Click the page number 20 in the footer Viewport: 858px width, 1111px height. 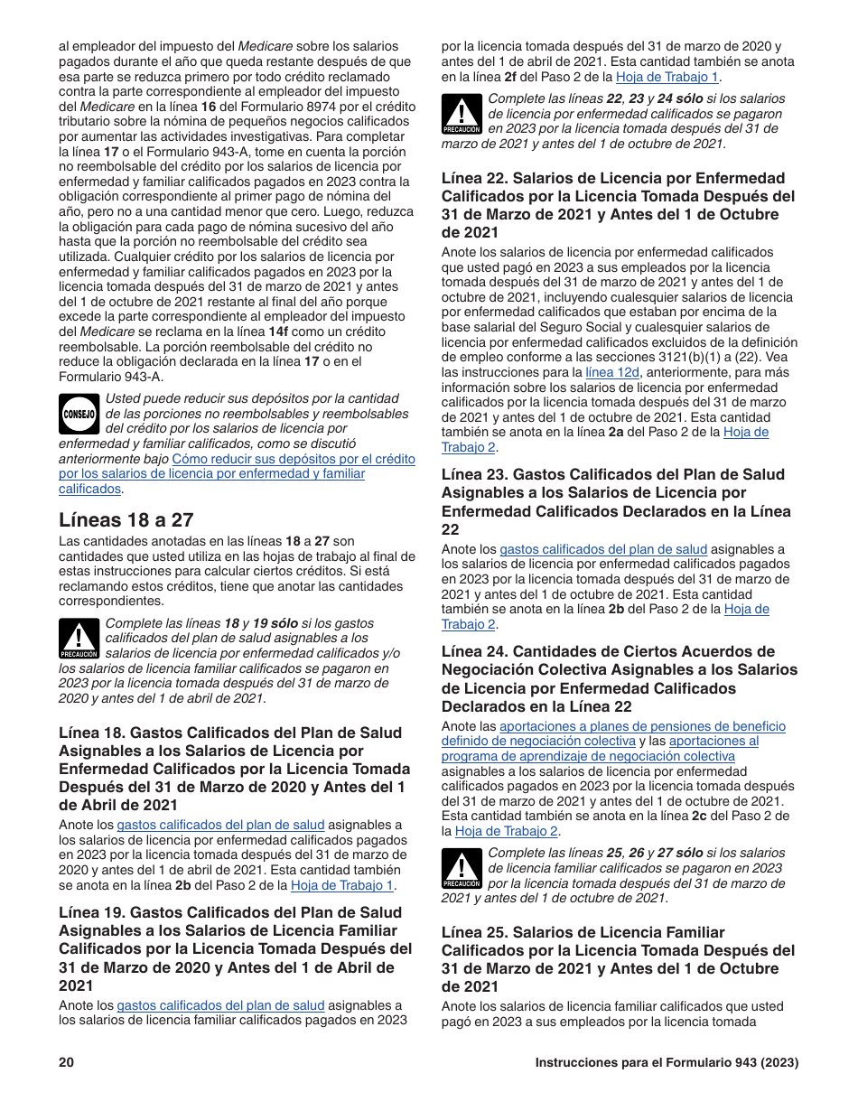66,1063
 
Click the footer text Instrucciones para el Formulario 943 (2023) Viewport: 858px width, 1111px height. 667,1063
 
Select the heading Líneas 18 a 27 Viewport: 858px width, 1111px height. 126,519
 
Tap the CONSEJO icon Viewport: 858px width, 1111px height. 79,414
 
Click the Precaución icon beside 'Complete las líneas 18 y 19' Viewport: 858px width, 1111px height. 79,639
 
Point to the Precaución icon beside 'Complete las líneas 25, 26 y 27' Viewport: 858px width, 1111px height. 461,868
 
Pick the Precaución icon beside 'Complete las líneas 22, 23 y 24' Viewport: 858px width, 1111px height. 461,114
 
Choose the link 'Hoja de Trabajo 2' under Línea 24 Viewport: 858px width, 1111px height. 507,831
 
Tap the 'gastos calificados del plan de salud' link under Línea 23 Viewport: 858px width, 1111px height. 603,549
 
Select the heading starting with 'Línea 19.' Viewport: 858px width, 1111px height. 235,948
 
